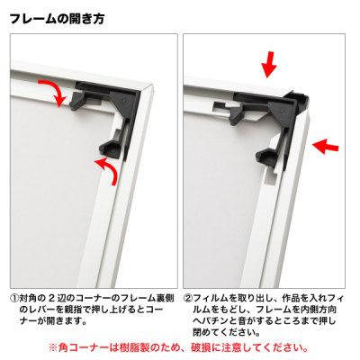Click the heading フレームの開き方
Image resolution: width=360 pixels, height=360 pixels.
click(57, 19)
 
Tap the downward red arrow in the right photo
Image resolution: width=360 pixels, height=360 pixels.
click(268, 65)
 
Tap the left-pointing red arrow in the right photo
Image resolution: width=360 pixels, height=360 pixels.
click(326, 146)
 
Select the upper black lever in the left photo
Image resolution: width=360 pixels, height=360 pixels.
click(78, 100)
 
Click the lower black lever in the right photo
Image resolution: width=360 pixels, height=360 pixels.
click(267, 156)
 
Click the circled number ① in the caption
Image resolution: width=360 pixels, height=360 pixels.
click(14, 299)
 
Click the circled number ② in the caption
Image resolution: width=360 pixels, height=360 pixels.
click(188, 299)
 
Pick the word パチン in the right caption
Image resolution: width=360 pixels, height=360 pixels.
click(216, 321)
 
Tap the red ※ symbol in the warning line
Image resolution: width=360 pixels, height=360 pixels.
click(53, 347)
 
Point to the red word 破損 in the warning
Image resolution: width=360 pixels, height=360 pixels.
click(201, 347)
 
